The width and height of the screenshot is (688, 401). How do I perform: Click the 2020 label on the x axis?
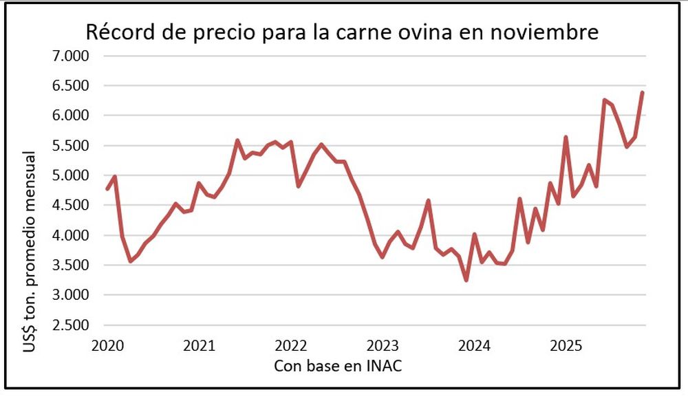[107, 345]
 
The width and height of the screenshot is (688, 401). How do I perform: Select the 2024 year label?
[474, 345]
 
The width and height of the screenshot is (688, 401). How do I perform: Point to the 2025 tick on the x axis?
[566, 345]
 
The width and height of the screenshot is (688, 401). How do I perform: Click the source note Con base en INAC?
[337, 365]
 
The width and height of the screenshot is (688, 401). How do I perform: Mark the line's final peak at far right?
[642, 92]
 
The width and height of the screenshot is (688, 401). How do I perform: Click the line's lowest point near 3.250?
[466, 280]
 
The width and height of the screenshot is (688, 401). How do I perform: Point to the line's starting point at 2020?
[107, 188]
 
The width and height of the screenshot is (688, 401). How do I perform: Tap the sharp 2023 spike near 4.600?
[428, 201]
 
